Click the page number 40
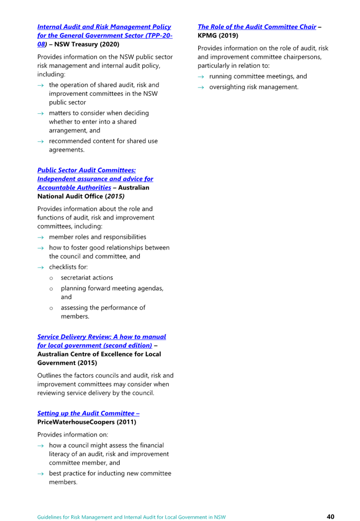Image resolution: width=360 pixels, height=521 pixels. [x=330, y=516]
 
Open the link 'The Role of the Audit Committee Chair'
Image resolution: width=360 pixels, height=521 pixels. [x=257, y=27]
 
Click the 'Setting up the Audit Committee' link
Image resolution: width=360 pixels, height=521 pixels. [x=89, y=414]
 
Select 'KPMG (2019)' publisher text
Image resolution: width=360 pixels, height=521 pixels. [x=218, y=35]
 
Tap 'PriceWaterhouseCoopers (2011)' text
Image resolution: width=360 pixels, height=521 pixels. [x=87, y=422]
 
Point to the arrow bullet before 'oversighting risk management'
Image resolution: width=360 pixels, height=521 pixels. [x=201, y=87]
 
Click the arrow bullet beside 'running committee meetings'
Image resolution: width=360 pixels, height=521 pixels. [x=201, y=77]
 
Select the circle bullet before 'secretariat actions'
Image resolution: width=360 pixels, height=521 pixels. [x=51, y=278]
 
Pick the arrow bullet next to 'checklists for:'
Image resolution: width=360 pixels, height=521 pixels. [x=41, y=268]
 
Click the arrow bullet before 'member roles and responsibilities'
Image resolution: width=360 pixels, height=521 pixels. [x=41, y=238]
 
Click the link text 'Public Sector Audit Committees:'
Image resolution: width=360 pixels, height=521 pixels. [x=87, y=170]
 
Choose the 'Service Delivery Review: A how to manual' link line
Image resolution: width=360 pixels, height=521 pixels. [x=102, y=337]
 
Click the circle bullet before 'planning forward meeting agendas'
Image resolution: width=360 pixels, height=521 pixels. [x=51, y=289]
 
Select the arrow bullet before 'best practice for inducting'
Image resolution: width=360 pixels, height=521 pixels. [x=41, y=474]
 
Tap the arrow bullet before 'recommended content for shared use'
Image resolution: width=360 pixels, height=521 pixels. [x=41, y=142]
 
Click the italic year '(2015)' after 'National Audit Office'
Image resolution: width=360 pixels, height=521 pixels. [x=115, y=196]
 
